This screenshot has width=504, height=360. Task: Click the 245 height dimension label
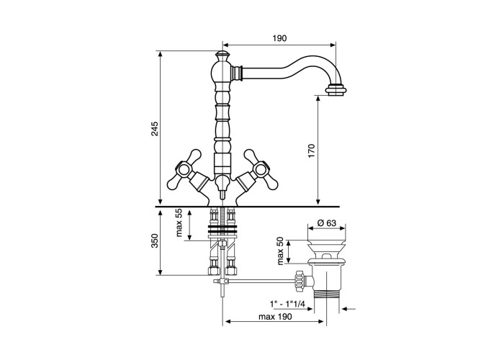[156, 129]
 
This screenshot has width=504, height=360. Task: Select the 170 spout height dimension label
[312, 151]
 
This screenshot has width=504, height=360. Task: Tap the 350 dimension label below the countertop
[156, 240]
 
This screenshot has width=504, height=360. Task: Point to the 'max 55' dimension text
[179, 222]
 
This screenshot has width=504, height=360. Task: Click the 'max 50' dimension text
[280, 251]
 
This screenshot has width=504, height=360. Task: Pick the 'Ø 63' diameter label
[326, 222]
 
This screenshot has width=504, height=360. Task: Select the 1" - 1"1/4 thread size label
[287, 303]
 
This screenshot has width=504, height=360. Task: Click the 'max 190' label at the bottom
[276, 317]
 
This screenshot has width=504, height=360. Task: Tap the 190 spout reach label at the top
[279, 38]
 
